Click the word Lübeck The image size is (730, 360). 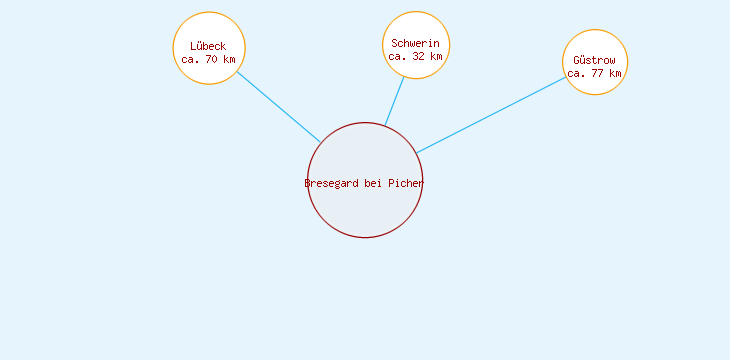pos(208,46)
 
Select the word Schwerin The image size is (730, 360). pos(415,44)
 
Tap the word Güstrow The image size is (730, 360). pos(594,61)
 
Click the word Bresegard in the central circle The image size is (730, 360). pos(331,183)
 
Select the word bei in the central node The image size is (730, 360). pos(373,183)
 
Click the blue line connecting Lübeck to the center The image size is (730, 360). pos(278,107)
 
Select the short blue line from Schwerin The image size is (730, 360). pos(395,101)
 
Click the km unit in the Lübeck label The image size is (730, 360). pos(229,59)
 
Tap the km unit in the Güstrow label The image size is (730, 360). pos(615,73)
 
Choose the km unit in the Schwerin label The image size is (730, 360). pos(436,56)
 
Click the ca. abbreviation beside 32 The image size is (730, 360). pos(397,56)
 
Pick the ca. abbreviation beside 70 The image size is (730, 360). pos(190,59)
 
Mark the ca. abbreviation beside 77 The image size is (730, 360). pos(576,73)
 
